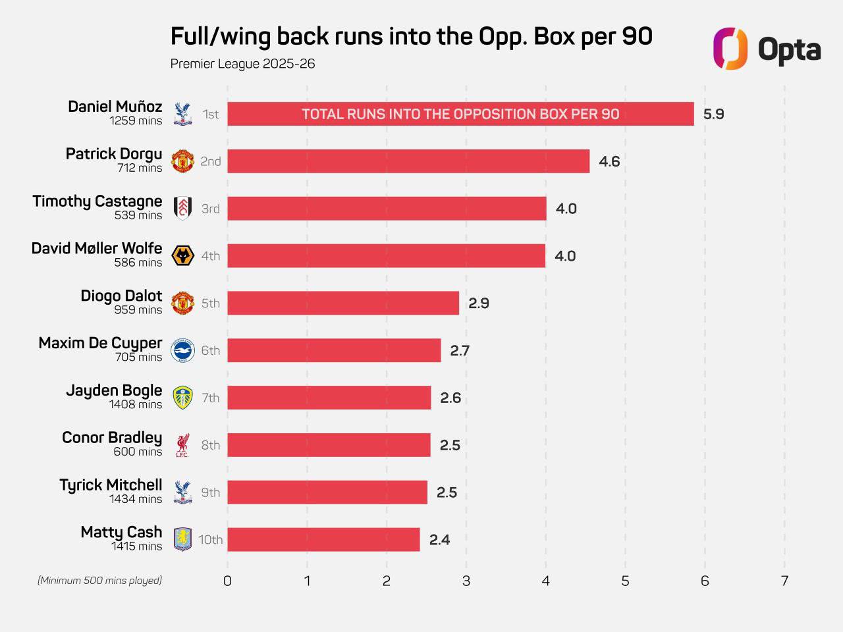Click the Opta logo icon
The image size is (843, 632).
pos(730,49)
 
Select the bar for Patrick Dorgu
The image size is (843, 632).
pos(408,161)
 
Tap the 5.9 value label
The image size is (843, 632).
pos(713,114)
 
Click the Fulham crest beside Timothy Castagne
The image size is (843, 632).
pos(182,209)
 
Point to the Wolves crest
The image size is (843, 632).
pos(182,256)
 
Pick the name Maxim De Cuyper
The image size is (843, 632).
pos(100,343)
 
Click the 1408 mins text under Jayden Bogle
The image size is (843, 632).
pos(136,404)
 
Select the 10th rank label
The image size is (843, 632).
pos(211,540)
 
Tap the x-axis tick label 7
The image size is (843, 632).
pos(784,581)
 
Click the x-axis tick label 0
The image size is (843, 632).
pos(227,581)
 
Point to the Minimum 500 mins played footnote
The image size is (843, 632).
pos(99,580)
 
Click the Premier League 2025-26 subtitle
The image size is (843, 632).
pos(242,64)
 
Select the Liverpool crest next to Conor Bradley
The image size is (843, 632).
pos(182,445)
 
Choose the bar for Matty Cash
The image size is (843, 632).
pos(323,540)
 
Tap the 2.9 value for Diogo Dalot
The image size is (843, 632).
pos(479,303)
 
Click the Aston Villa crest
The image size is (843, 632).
pos(182,540)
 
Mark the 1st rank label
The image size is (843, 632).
pos(211,115)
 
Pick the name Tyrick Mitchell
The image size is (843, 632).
pos(111,485)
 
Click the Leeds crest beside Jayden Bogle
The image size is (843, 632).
pos(182,398)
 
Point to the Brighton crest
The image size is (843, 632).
pos(182,350)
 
